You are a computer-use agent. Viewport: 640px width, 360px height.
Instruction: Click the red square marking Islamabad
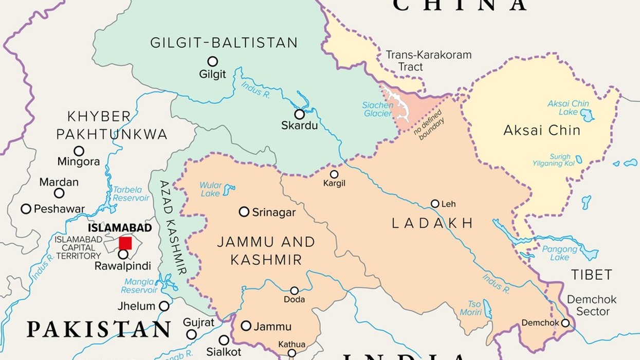click(125, 243)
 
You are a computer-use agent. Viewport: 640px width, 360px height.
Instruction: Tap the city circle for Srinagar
click(244, 212)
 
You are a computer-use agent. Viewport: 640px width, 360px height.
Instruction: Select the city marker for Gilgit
click(212, 61)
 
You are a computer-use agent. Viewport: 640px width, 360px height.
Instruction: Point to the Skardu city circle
click(299, 114)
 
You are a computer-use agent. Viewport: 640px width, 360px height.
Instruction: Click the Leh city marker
click(435, 204)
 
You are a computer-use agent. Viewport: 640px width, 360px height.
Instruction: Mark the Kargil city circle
click(334, 174)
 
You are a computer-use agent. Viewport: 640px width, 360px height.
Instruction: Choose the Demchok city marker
click(565, 323)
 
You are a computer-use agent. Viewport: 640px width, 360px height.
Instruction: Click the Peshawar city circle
click(26, 209)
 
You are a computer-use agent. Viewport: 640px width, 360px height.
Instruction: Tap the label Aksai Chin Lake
click(568, 107)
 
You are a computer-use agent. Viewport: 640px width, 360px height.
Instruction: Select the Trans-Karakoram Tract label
click(428, 61)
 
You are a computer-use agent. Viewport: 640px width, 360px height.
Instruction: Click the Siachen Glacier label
click(378, 109)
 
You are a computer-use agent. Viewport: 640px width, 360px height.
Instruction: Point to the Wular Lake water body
click(228, 189)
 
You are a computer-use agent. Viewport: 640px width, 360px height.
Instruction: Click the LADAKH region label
click(432, 223)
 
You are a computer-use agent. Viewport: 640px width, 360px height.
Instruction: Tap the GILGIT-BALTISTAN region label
click(224, 43)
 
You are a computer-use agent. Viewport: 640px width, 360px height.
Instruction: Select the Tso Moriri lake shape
click(487, 309)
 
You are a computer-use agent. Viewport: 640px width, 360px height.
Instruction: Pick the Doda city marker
click(294, 291)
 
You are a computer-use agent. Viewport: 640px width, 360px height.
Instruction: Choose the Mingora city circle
click(79, 151)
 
